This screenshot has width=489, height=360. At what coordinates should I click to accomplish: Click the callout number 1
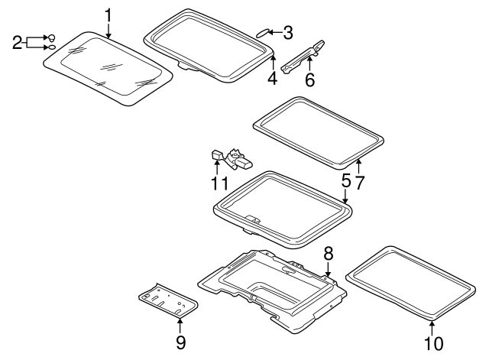(108, 15)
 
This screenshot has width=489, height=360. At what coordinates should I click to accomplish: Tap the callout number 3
(287, 32)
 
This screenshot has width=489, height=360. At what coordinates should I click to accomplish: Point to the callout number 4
(272, 79)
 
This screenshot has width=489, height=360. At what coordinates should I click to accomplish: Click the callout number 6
(309, 79)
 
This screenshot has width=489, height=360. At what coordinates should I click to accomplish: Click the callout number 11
(220, 183)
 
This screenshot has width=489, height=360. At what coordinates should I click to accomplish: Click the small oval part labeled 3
(262, 32)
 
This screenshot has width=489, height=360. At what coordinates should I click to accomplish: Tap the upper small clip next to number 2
(51, 37)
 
